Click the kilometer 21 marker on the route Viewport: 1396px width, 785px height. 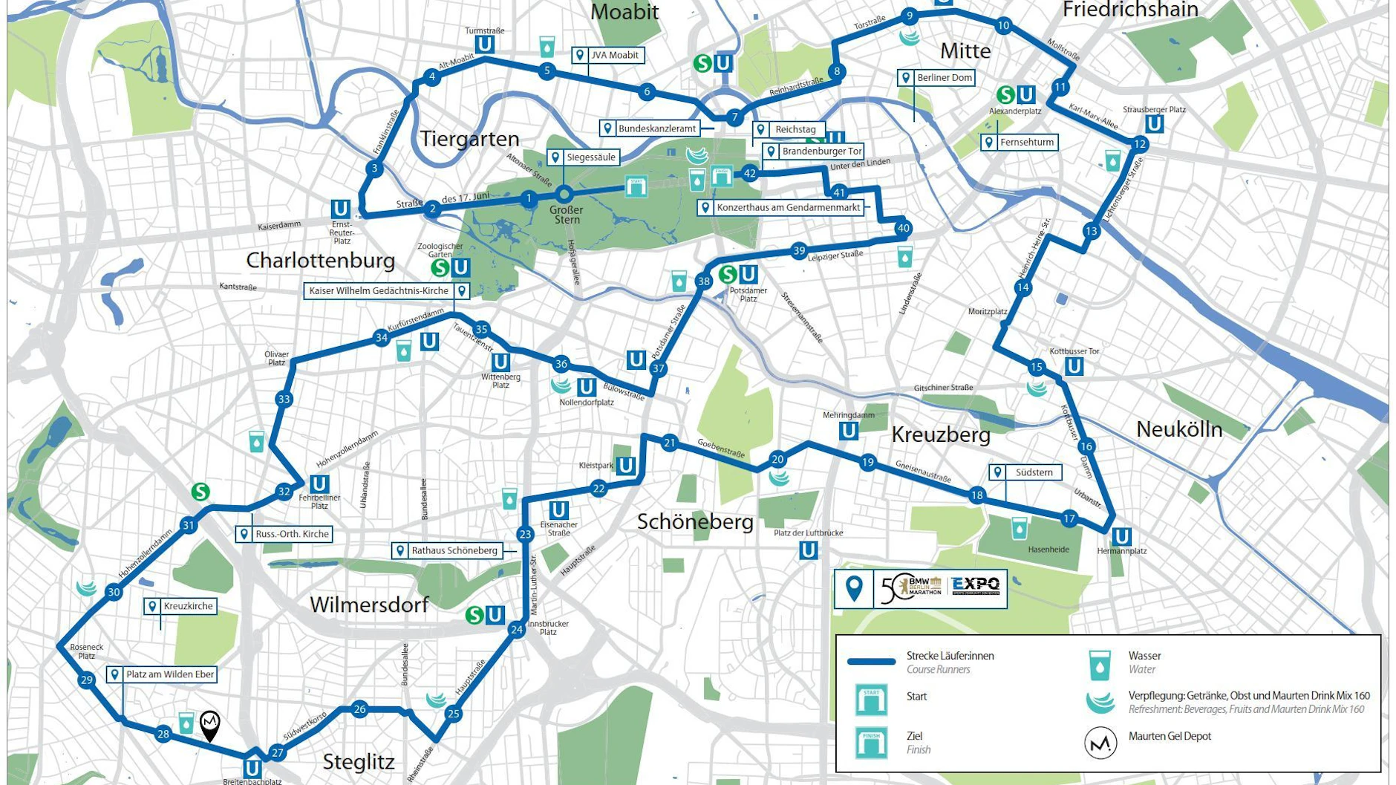pos(670,443)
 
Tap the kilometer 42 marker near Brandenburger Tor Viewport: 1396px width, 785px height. pos(750,174)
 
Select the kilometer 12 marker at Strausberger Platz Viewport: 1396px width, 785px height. pos(1140,144)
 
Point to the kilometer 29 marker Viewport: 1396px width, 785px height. pos(87,680)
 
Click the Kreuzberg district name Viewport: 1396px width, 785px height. pos(941,434)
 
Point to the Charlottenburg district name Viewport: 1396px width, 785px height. pos(320,261)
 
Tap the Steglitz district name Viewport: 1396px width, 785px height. pos(359,762)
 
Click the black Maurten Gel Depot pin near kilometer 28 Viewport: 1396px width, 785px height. pos(210,724)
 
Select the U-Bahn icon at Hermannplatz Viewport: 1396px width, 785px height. pos(1121,536)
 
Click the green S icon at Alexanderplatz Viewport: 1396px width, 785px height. pos(1005,95)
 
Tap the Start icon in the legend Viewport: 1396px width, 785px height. pos(871,700)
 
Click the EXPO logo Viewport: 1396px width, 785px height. pos(976,587)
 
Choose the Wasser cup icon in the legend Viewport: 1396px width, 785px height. pos(1100,665)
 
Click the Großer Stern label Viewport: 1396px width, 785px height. pos(566,215)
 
